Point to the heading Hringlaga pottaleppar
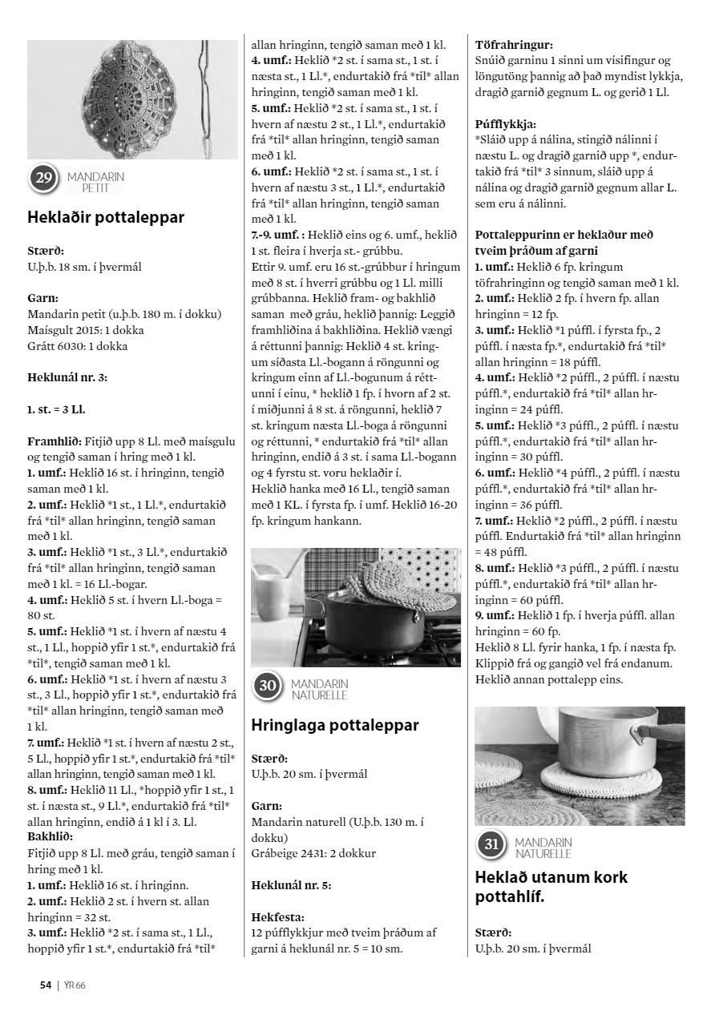click(x=335, y=725)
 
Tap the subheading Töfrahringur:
click(x=515, y=45)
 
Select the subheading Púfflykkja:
click(x=506, y=124)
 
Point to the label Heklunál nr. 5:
click(x=291, y=884)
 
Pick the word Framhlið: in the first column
click(x=53, y=441)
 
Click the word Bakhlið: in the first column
click(x=50, y=837)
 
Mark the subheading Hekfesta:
click(x=278, y=916)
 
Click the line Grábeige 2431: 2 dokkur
click(x=313, y=853)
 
